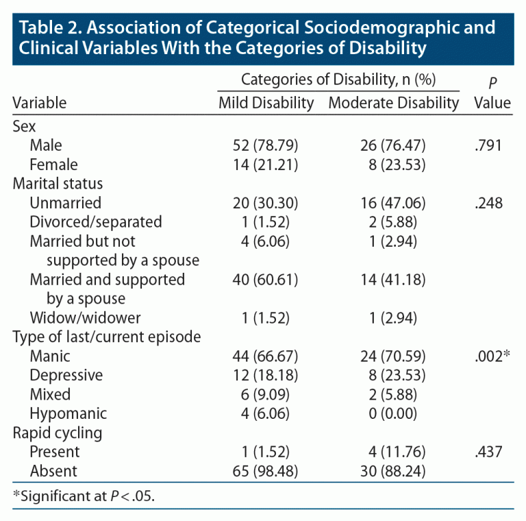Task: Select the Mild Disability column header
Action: tap(266, 103)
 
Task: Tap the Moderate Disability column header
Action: tap(393, 103)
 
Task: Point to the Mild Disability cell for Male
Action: tap(266, 145)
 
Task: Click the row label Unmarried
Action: tap(66, 203)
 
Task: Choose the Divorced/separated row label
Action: tap(96, 222)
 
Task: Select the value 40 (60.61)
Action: tap(266, 280)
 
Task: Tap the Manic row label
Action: tap(50, 356)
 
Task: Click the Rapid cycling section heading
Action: tap(58, 433)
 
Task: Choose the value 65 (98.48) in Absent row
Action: tap(266, 471)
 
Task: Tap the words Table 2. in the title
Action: tap(45, 29)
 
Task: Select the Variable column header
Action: tap(40, 103)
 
